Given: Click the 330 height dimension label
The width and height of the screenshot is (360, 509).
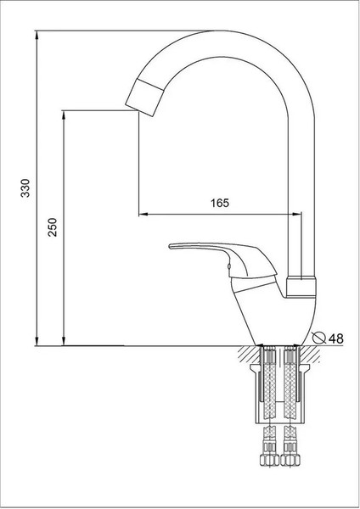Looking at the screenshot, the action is click(25, 187).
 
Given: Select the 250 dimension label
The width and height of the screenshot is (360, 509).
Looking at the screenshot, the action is click(53, 227).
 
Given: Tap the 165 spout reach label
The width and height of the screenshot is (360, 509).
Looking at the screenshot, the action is click(220, 203).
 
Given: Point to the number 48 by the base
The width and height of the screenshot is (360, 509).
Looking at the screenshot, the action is click(336, 338).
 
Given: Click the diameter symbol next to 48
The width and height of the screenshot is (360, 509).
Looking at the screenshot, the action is click(318, 338).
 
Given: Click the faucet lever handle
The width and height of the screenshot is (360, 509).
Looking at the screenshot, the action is click(223, 259).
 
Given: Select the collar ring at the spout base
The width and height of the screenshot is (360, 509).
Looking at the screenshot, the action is click(301, 287).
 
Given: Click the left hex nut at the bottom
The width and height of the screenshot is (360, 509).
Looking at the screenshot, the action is click(269, 460).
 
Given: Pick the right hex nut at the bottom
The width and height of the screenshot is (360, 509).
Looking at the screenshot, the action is click(290, 460).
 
